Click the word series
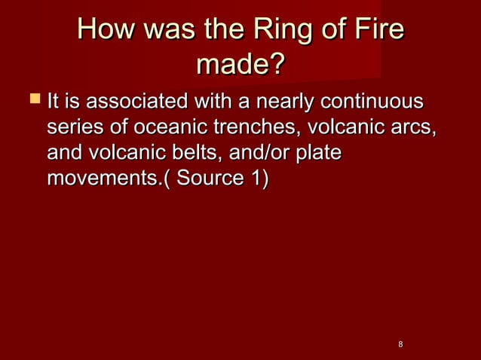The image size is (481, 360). pos(75,127)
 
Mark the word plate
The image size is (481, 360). pos(320,154)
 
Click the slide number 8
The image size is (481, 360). pos(400,344)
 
